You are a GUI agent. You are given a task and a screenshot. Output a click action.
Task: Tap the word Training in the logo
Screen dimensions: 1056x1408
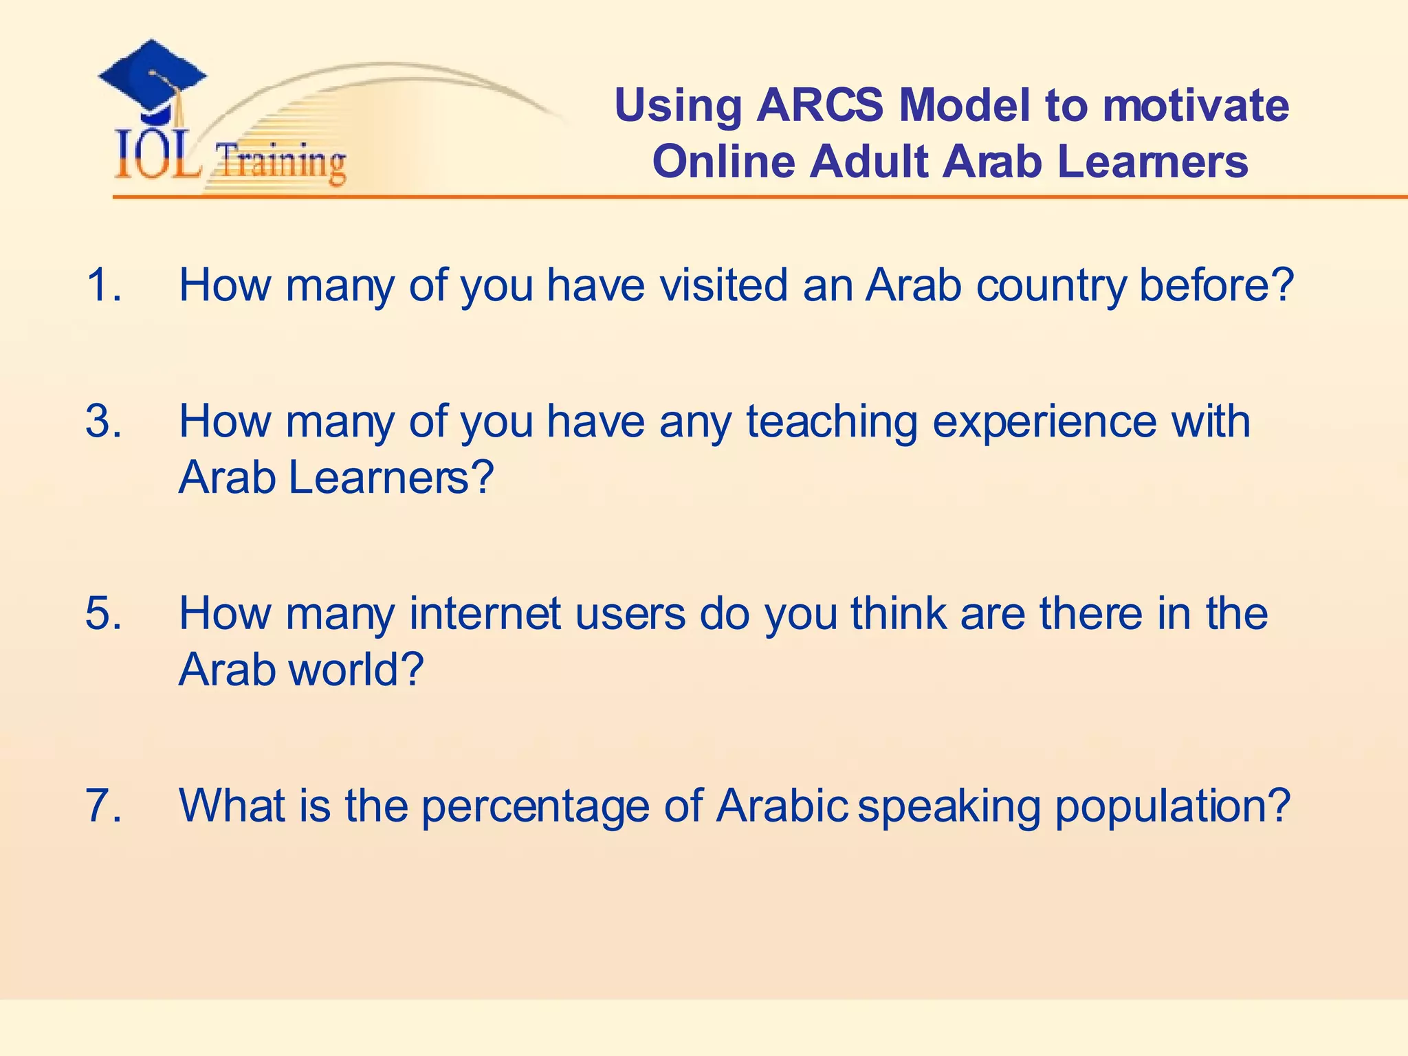(x=280, y=163)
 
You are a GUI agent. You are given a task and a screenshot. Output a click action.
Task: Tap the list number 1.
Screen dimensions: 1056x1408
(x=103, y=285)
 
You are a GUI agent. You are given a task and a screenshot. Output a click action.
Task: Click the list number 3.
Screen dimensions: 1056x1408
(x=103, y=421)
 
